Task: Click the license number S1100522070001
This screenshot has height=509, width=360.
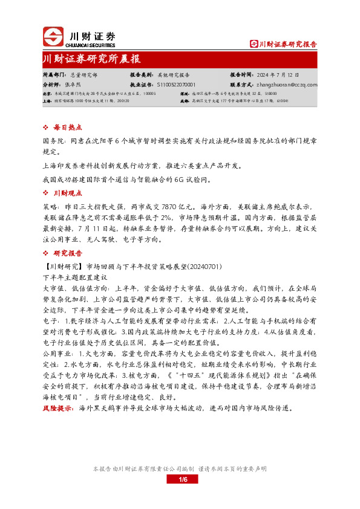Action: pos(176,85)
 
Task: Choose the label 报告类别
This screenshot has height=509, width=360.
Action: pos(141,76)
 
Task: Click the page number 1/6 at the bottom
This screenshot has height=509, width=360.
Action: pos(184,479)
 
